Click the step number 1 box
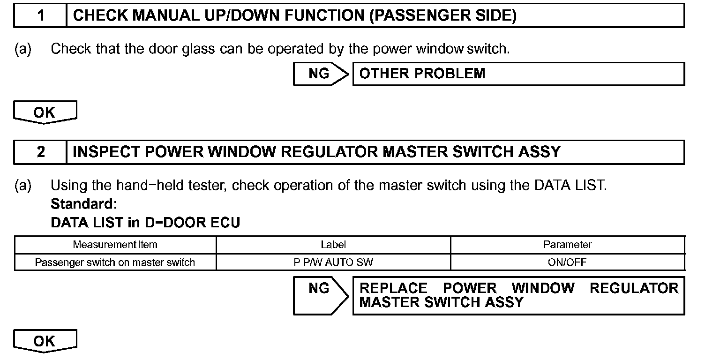point(41,15)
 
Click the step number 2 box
point(41,152)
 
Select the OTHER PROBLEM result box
point(518,74)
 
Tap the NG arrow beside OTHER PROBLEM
point(321,74)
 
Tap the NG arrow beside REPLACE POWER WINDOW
point(321,295)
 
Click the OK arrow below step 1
point(45,113)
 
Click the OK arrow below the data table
point(45,341)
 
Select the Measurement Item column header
point(115,245)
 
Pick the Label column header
point(333,245)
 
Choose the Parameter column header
point(567,245)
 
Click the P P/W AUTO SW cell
point(333,262)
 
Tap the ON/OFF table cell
point(567,262)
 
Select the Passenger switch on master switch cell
point(115,262)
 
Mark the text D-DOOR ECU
point(193,223)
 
